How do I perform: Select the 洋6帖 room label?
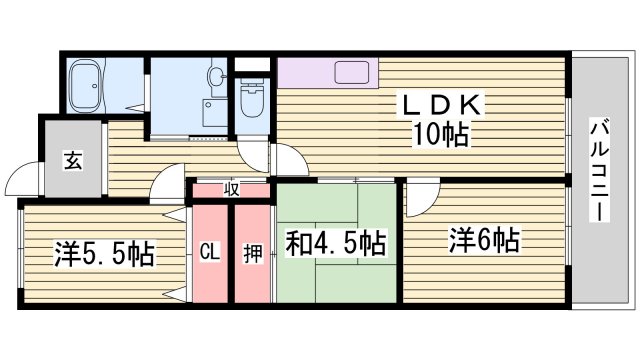click(482, 240)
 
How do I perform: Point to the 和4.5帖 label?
click(337, 243)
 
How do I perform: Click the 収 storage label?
click(230, 188)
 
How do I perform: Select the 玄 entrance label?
click(73, 159)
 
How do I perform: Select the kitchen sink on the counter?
click(354, 74)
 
